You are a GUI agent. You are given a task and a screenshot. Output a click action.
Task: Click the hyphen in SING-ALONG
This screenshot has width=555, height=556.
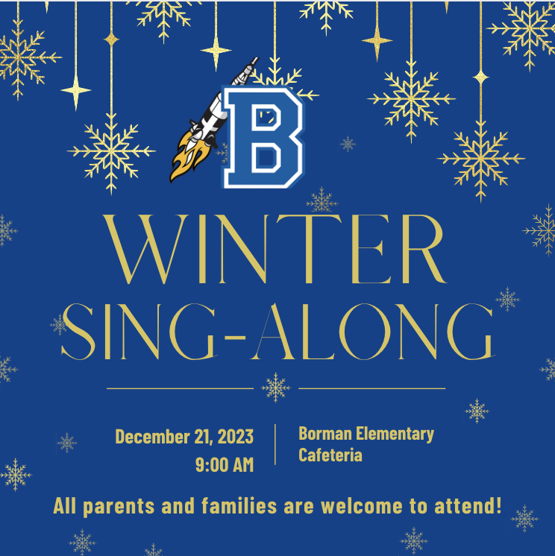pyautogui.click(x=235, y=338)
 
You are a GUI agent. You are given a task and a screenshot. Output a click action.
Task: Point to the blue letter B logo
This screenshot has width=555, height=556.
pyautogui.click(x=263, y=137)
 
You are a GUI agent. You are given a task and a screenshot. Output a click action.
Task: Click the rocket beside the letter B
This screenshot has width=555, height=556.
pyautogui.click(x=213, y=120)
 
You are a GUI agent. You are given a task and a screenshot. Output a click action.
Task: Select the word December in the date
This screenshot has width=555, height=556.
pyautogui.click(x=153, y=437)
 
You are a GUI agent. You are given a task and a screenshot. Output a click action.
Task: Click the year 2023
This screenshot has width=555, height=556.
pyautogui.click(x=236, y=437)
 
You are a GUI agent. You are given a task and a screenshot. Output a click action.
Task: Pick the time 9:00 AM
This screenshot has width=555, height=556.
pyautogui.click(x=225, y=464)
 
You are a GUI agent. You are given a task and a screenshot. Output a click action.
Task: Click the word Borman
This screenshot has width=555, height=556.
pyautogui.click(x=325, y=433)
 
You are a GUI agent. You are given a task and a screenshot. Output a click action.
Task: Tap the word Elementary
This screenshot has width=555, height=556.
pyautogui.click(x=395, y=435)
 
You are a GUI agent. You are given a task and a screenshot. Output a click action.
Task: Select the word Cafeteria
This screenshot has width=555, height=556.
pyautogui.click(x=330, y=455)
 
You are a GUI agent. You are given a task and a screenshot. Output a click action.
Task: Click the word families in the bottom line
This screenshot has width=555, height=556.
pyautogui.click(x=239, y=505)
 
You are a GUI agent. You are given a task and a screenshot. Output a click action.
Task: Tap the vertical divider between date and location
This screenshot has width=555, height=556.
pyautogui.click(x=275, y=444)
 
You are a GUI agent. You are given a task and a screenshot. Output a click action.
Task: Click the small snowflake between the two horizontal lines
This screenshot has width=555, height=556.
pyautogui.click(x=276, y=388)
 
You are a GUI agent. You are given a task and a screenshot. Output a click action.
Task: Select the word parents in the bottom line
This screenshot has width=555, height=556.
pyautogui.click(x=119, y=507)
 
